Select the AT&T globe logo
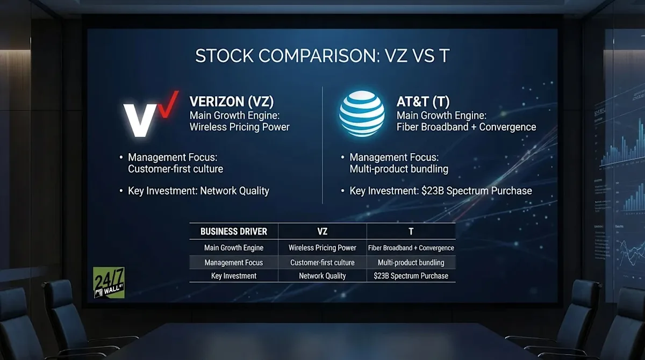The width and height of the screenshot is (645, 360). pos(362,113)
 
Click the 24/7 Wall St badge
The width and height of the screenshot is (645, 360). pos(109,282)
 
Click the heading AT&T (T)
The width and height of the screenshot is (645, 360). pos(422,102)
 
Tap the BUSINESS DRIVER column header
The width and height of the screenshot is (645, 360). pos(233,232)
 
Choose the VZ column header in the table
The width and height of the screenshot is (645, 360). pos(322,232)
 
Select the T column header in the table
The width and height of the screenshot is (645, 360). pos(411,232)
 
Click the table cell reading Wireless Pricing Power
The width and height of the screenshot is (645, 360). pos(322,248)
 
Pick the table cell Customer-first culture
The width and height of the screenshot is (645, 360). pos(322,262)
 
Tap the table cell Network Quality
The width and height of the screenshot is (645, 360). pos(322,276)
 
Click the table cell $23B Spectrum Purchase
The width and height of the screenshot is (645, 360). pos(411,276)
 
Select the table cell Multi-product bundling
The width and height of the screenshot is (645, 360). pos(411,262)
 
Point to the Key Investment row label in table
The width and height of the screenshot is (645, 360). pos(233,276)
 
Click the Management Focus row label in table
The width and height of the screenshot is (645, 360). pos(233,262)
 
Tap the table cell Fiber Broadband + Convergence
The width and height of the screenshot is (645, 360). pos(411,248)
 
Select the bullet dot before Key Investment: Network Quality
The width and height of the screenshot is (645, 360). pos(121,191)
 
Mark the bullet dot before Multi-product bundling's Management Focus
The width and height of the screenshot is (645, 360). pos(342,158)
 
